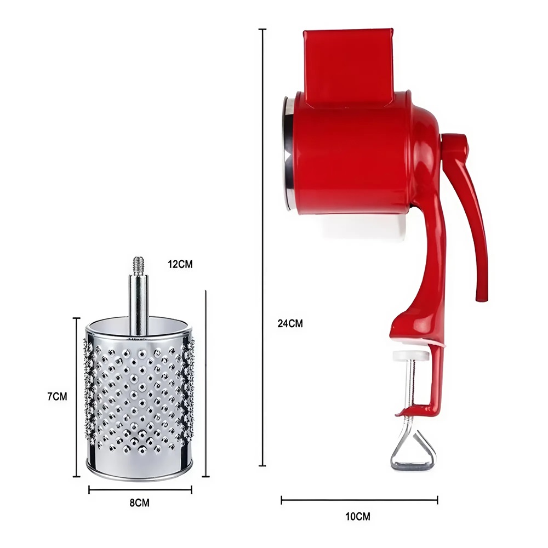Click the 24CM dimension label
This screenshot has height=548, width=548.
click(x=290, y=324)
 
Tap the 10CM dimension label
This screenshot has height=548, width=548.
click(x=357, y=516)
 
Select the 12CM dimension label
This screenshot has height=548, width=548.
click(x=180, y=264)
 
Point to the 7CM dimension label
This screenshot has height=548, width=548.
click(x=58, y=397)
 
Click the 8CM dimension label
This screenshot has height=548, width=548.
click(x=139, y=503)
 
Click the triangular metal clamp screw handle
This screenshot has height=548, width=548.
click(x=413, y=451)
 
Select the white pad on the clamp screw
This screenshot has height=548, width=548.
click(x=410, y=356)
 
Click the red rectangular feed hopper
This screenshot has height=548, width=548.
click(x=349, y=66)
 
